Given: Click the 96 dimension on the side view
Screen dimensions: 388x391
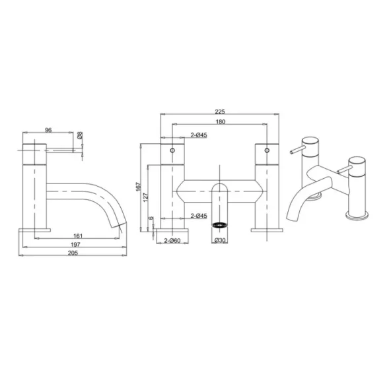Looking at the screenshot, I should [x=48, y=130].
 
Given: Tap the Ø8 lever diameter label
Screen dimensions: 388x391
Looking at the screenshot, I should [x=80, y=136].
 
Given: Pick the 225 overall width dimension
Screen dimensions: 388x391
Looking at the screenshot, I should [x=220, y=112].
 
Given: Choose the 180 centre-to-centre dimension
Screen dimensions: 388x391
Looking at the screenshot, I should [x=220, y=121].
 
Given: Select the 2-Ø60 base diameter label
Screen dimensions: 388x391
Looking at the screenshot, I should [x=173, y=240].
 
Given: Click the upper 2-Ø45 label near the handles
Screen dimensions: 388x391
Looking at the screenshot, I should [x=199, y=136].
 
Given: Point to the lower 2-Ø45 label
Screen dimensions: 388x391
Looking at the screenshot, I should [x=199, y=216].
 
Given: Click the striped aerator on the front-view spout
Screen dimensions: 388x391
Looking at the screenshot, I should [x=220, y=224].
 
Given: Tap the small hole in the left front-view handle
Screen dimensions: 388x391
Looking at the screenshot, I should [x=173, y=151].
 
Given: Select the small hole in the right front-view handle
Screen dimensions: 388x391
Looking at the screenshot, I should [x=267, y=151].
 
